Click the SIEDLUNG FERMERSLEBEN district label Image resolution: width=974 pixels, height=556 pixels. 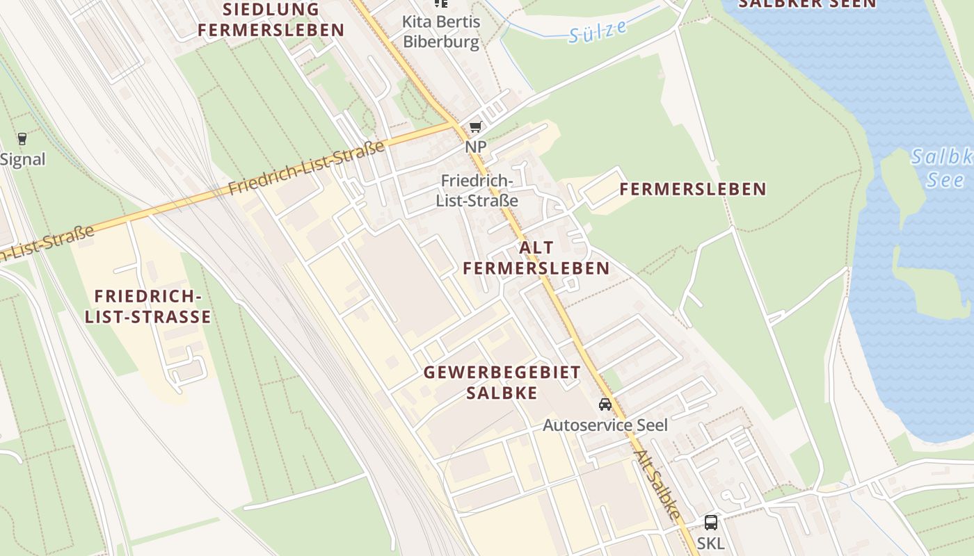click(x=271, y=20)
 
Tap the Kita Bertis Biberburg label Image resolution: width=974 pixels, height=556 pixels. click(x=441, y=32)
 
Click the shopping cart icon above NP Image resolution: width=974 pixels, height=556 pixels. click(x=475, y=126)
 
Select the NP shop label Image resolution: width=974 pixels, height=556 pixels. click(x=476, y=147)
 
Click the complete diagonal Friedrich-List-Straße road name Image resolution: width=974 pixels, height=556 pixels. click(x=307, y=167)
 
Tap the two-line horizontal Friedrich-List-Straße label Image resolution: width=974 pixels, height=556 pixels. click(x=477, y=191)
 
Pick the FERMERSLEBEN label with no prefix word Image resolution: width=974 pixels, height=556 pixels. click(x=692, y=189)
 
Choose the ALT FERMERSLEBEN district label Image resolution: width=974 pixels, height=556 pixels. click(x=536, y=258)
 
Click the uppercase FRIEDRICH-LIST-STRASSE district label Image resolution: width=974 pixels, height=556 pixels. click(x=147, y=307)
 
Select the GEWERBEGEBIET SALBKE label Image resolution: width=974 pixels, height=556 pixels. click(x=502, y=382)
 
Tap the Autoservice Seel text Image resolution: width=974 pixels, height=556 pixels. click(x=605, y=425)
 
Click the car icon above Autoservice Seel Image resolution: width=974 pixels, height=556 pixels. click(x=605, y=404)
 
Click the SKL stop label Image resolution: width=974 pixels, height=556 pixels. click(x=710, y=543)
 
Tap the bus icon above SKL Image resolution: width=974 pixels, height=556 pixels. click(x=710, y=523)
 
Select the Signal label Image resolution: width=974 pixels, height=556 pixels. click(x=22, y=159)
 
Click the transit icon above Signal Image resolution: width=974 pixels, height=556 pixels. click(x=22, y=138)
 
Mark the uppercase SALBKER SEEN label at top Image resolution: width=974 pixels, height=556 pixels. click(x=807, y=3)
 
